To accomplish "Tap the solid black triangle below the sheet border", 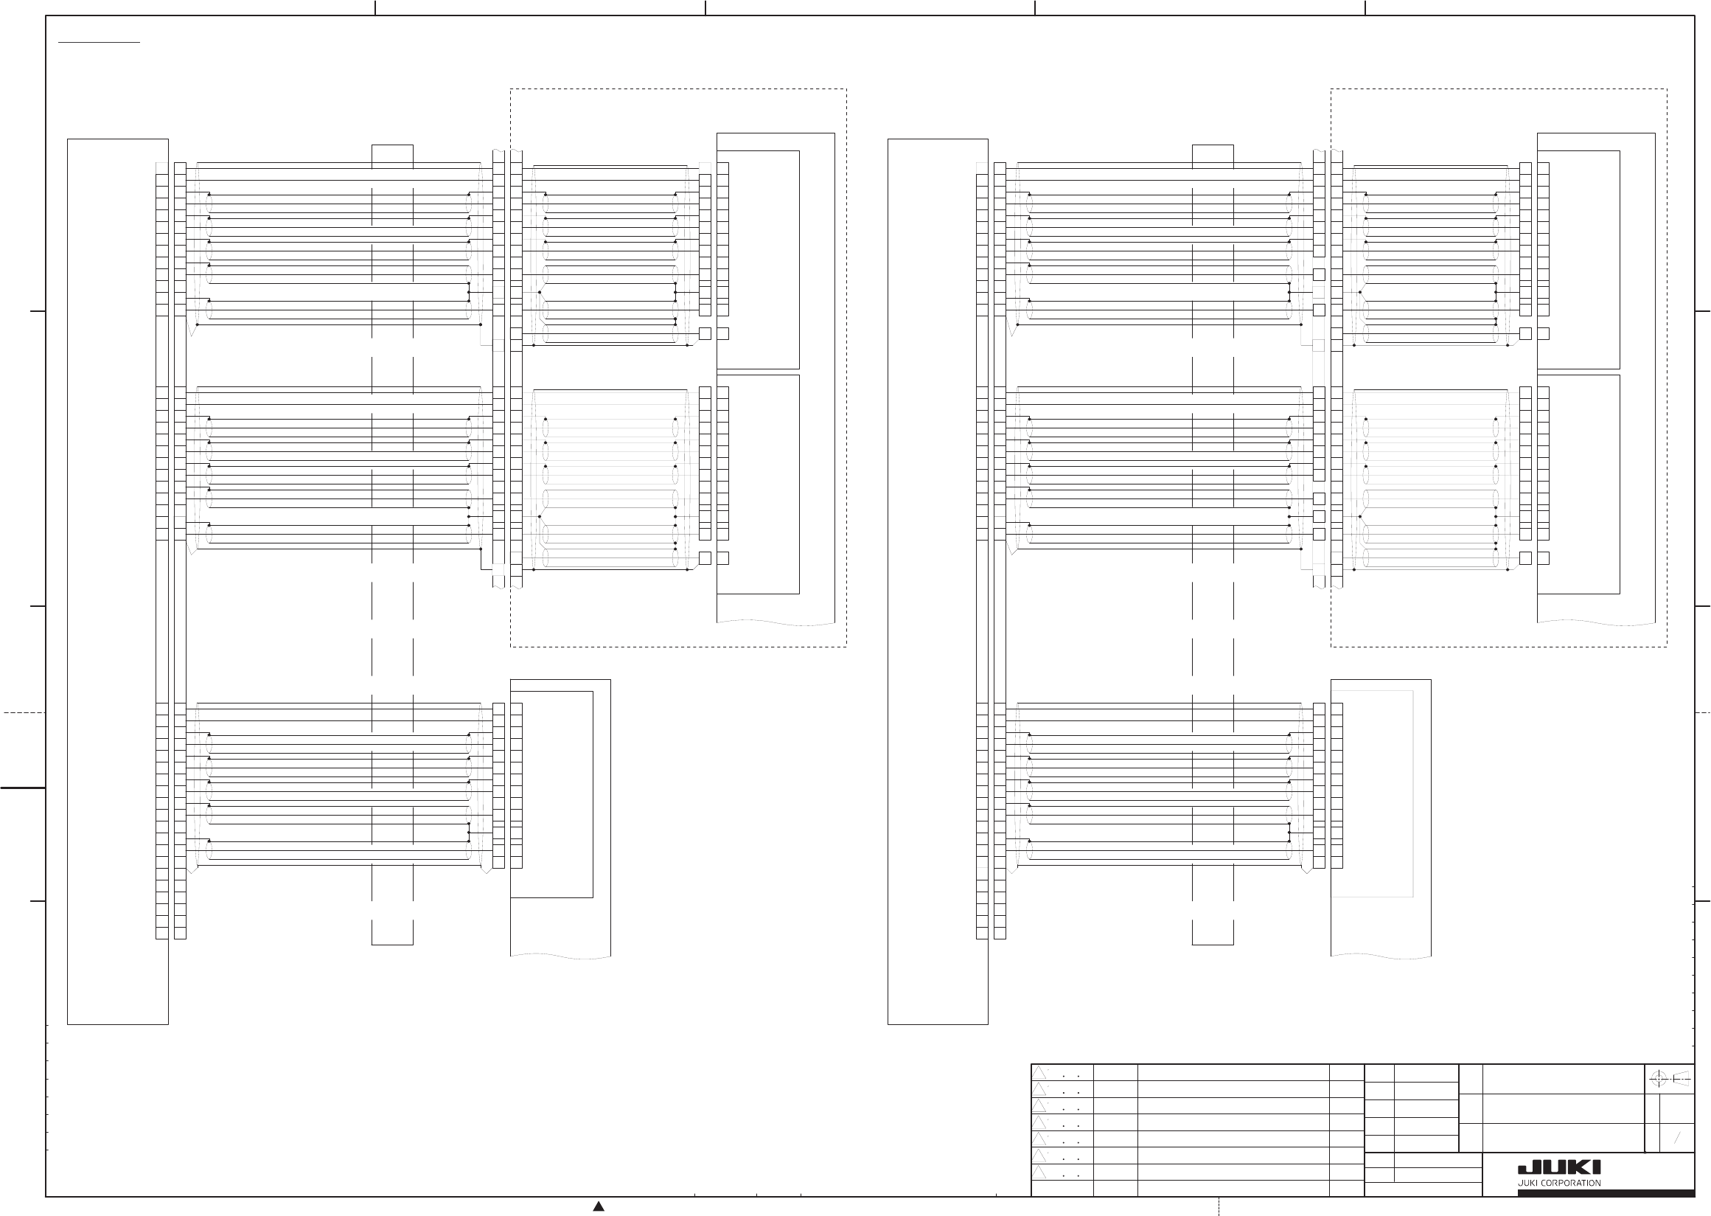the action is click(x=599, y=1206).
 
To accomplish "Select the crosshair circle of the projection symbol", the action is click(x=1658, y=1079).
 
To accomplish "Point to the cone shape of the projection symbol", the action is click(x=1680, y=1079).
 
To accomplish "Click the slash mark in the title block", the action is click(x=1677, y=1139).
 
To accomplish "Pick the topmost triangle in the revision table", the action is click(x=1039, y=1073).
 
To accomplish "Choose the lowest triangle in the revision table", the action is click(x=1039, y=1172).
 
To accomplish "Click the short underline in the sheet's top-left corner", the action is click(x=99, y=44).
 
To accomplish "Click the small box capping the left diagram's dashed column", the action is click(x=392, y=152).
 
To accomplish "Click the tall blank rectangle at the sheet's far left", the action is click(x=117, y=581).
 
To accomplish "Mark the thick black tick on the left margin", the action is click(x=22, y=788).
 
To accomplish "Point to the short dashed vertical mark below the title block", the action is click(x=1219, y=1206).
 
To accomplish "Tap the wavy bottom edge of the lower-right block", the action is click(x=1381, y=956).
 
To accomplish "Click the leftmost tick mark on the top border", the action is click(x=375, y=7).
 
